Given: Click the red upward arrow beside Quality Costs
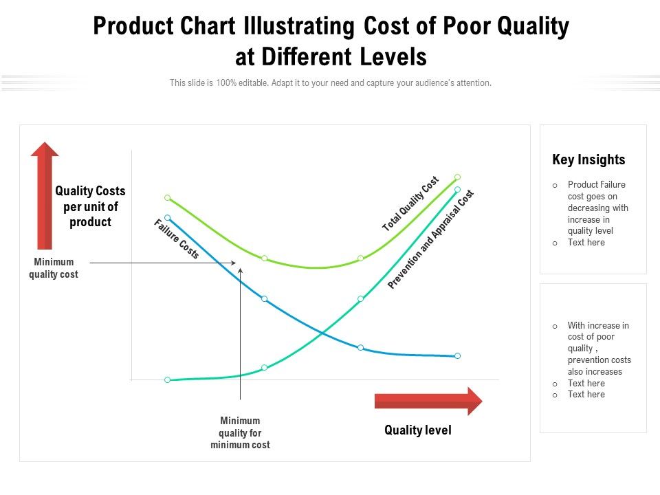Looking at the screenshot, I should pos(45,196).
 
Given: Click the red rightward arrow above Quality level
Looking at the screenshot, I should pos(428,401).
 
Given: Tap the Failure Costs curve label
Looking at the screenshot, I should pos(176,239).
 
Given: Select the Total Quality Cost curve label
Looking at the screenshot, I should pos(410,204).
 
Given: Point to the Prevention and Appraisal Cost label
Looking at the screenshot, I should pos(431,239).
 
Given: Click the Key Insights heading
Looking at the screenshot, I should pos(588,159).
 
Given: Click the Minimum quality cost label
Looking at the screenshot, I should pos(53,268).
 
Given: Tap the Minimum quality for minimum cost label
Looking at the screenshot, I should pos(240,432).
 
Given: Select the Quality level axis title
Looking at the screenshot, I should pos(418,430).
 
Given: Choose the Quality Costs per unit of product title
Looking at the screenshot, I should pos(90,206).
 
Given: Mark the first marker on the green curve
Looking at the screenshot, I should pos(167,197).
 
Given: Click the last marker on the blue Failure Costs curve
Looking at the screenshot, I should pos(457,356).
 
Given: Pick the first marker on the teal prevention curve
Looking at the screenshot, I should pos(167,379).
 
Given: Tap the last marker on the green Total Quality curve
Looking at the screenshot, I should pos(457,177).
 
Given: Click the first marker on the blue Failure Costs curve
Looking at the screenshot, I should pos(167,217).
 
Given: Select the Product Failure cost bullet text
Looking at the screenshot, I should pos(597,208).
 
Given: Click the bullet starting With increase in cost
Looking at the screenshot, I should pos(598,349).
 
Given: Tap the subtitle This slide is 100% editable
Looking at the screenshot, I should pos(330,82).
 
